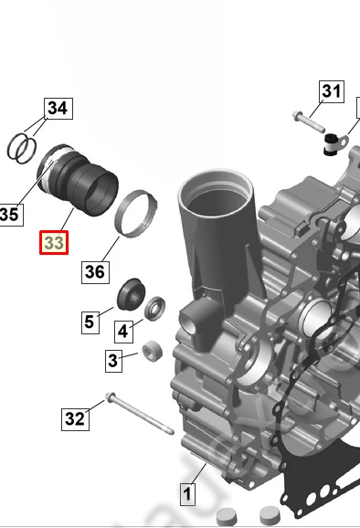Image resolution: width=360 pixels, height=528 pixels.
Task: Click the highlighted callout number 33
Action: click(x=54, y=242)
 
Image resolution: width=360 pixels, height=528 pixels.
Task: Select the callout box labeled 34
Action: click(x=58, y=109)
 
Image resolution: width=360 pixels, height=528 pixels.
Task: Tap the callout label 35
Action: click(x=10, y=215)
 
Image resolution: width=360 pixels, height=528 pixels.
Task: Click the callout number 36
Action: click(x=95, y=272)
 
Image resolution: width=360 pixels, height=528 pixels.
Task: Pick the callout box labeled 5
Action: click(x=90, y=322)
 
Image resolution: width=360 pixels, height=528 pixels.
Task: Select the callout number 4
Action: click(x=123, y=332)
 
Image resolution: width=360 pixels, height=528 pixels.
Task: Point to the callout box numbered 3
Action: click(x=113, y=361)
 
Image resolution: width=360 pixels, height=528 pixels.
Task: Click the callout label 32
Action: click(x=75, y=419)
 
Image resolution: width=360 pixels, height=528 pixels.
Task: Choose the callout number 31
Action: click(x=332, y=91)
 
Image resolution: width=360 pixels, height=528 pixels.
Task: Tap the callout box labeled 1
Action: click(x=187, y=494)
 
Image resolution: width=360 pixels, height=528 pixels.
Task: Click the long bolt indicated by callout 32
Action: click(x=140, y=413)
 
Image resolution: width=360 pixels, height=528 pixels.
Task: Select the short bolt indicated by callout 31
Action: click(x=309, y=121)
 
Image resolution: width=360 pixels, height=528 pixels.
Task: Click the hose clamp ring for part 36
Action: click(x=136, y=214)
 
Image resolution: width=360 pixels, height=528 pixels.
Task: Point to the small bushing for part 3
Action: click(x=153, y=351)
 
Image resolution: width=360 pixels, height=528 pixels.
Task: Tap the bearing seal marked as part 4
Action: click(x=155, y=308)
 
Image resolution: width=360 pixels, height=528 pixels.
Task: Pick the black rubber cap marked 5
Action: click(x=131, y=294)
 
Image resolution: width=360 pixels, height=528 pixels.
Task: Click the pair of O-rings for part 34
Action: click(x=22, y=149)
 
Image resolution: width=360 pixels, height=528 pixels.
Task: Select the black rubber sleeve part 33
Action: click(x=78, y=180)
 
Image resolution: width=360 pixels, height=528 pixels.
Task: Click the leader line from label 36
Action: click(x=111, y=248)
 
